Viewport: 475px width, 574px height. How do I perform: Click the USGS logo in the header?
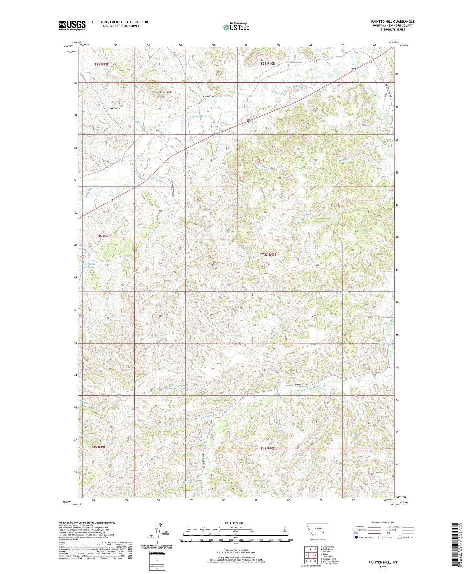click(x=72, y=25)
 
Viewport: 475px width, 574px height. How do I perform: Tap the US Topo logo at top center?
click(x=236, y=27)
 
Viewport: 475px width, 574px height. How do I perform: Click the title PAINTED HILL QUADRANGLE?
click(x=392, y=22)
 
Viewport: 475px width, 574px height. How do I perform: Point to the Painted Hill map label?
click(x=164, y=93)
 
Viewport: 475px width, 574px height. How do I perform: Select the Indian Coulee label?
click(x=209, y=96)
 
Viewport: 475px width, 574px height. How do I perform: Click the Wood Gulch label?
click(x=113, y=108)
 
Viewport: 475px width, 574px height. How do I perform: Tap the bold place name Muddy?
click(x=336, y=205)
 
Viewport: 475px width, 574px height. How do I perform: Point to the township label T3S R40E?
click(x=269, y=254)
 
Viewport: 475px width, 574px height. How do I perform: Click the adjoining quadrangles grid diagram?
click(x=310, y=555)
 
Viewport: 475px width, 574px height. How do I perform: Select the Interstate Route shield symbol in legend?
click(x=357, y=537)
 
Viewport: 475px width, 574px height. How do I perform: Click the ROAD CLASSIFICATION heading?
click(x=383, y=522)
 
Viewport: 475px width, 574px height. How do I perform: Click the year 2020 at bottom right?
click(x=383, y=567)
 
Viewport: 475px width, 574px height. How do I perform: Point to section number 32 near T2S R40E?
click(x=211, y=63)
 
